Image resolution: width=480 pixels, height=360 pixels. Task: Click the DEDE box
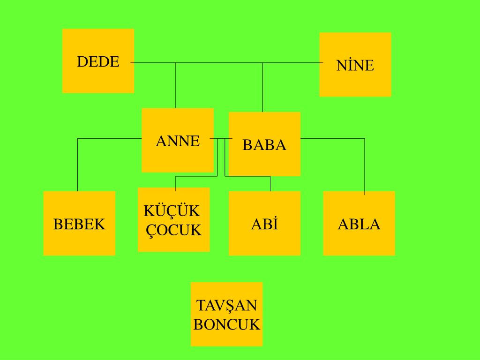[x=98, y=61]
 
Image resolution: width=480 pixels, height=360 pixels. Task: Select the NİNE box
[x=355, y=64]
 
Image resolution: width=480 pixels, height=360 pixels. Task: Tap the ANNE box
[x=177, y=140]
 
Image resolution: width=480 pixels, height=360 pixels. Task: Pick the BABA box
[x=264, y=144]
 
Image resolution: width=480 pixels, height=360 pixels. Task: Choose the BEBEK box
[x=79, y=223]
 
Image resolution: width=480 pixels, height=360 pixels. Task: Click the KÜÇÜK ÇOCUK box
[x=173, y=219]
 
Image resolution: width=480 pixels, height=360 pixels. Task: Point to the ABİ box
[x=264, y=223]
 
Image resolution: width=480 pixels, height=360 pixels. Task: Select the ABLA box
[x=359, y=223]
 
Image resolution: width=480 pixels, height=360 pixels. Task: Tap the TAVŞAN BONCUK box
[x=226, y=314]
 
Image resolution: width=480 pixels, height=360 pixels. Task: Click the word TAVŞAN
[x=226, y=306]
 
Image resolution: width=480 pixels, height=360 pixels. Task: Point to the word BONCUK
[x=226, y=324]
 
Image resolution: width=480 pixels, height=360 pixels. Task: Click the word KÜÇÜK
[x=172, y=211]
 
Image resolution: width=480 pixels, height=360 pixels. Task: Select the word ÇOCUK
[x=174, y=230]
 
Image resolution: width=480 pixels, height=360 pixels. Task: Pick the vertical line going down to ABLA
[x=365, y=166]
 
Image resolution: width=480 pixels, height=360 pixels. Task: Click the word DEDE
[x=98, y=61]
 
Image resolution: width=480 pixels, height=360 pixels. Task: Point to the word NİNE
[x=355, y=65]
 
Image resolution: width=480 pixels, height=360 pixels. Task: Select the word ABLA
[x=359, y=224]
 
